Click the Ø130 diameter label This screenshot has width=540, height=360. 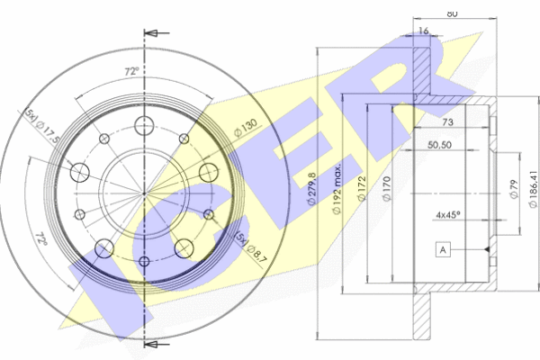(x=246, y=127)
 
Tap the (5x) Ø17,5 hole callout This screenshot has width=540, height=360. (x=42, y=127)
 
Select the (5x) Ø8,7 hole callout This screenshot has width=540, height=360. (x=251, y=247)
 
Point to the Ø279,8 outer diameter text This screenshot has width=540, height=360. (x=311, y=189)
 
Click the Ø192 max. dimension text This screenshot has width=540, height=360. (x=337, y=188)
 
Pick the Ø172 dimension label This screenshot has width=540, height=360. (x=361, y=188)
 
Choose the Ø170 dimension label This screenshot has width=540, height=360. (x=386, y=188)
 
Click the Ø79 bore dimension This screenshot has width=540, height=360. (x=514, y=190)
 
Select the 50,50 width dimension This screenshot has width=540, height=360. (x=439, y=145)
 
